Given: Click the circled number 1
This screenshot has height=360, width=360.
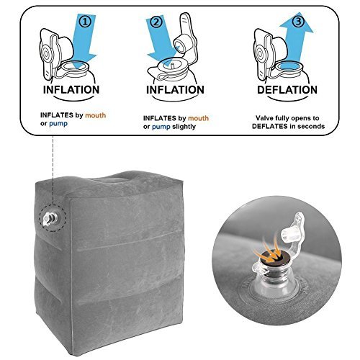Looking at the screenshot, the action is (x=86, y=22).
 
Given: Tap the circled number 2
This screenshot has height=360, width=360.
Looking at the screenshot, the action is (x=156, y=22).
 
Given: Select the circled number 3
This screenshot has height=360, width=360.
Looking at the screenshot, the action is (x=298, y=22).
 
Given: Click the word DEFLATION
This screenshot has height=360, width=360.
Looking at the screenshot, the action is (x=287, y=90).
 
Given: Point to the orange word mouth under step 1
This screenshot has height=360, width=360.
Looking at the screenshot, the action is (x=96, y=115).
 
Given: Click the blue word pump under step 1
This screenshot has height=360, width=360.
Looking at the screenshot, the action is (x=58, y=124).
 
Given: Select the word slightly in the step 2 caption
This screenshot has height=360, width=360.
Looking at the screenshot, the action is (x=184, y=127).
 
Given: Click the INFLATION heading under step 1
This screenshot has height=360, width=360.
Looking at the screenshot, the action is (x=71, y=90).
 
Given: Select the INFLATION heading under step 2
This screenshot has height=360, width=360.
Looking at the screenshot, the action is (x=175, y=90).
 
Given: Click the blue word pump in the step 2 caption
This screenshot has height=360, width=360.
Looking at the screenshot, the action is (x=161, y=127).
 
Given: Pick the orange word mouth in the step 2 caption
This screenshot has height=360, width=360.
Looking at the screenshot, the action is (x=198, y=118).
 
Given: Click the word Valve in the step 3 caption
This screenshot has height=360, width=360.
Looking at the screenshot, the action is (x=264, y=118).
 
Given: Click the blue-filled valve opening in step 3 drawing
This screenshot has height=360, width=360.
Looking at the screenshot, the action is (x=288, y=66).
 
